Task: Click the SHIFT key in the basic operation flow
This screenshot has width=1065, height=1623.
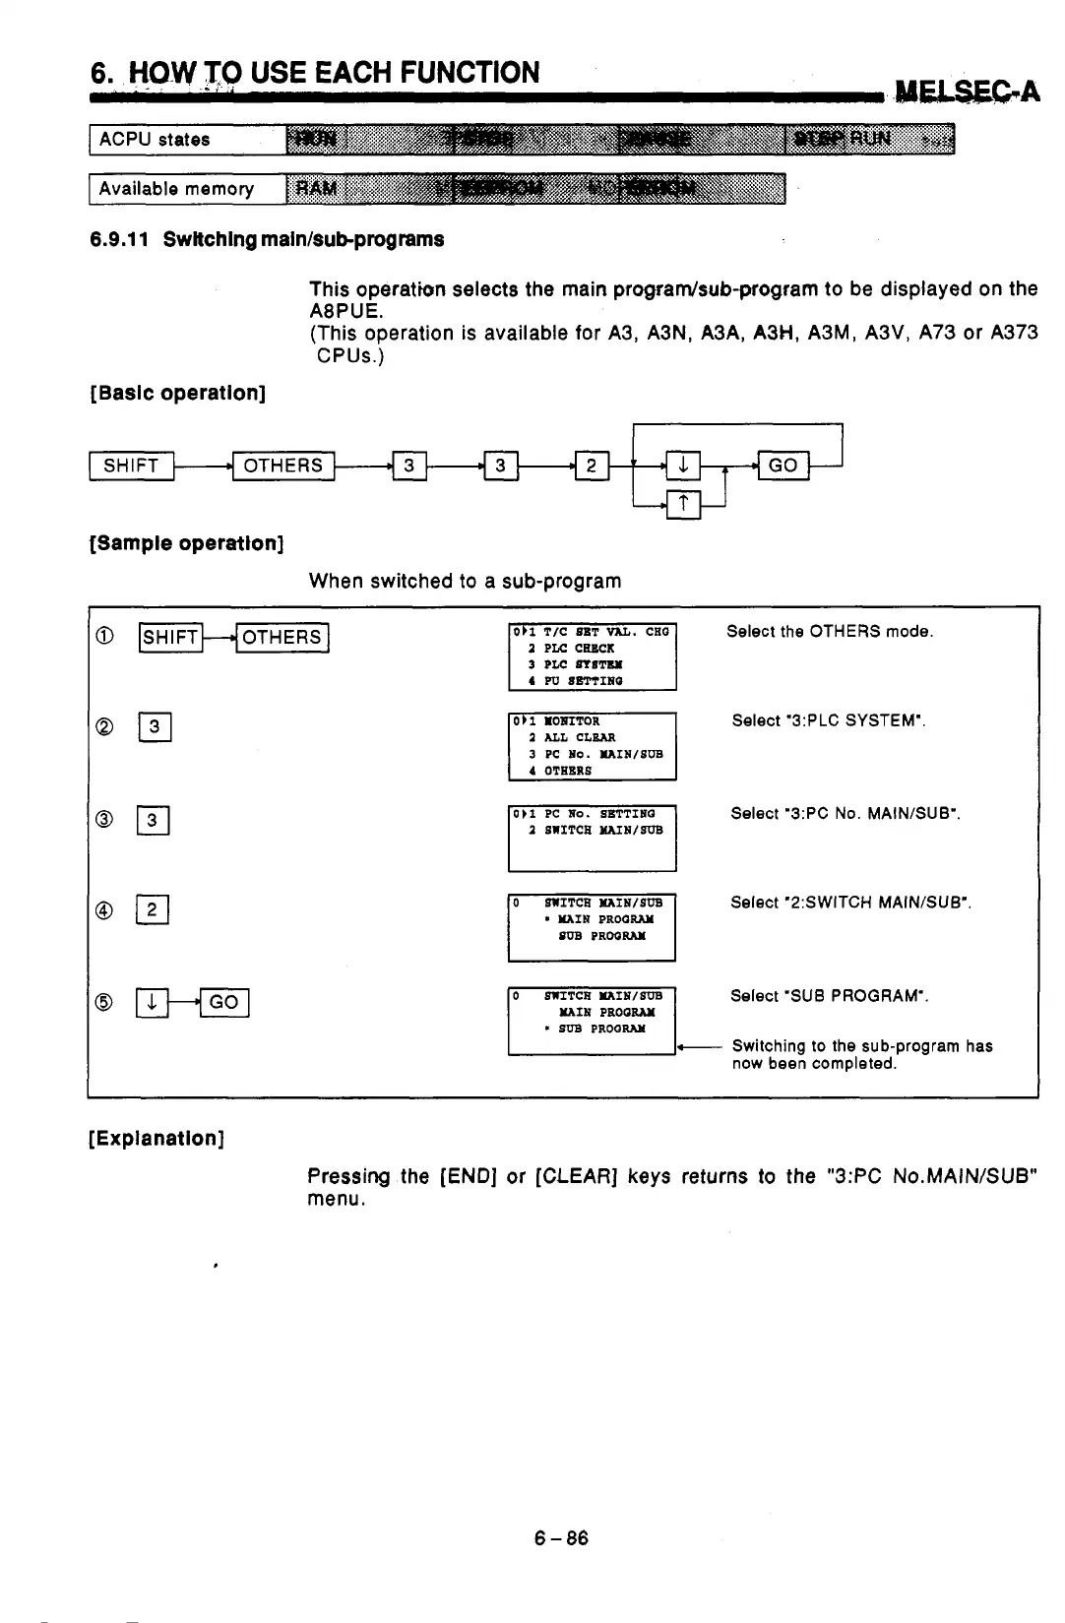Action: coord(131,466)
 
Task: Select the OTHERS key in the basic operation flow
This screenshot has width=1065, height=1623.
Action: coord(282,466)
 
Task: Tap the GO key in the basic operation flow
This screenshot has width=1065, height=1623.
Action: coord(783,466)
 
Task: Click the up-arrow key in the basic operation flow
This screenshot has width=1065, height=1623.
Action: coord(684,505)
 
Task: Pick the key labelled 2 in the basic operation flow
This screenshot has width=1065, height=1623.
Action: coord(592,466)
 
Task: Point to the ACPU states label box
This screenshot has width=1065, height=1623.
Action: coord(187,140)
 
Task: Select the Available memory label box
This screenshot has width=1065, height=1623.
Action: coord(187,189)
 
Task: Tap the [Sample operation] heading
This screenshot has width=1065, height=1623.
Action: coord(187,543)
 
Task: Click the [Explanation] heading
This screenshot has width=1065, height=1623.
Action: coord(157,1139)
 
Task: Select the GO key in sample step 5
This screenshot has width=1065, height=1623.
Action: coord(224,1002)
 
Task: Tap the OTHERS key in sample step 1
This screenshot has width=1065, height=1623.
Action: coord(282,638)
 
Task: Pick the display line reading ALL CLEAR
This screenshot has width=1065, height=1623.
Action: coord(580,737)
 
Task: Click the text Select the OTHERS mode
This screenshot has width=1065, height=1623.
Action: coord(830,632)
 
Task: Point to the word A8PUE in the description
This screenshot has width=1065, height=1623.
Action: coord(340,311)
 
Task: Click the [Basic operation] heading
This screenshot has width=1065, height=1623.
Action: coord(178,394)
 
